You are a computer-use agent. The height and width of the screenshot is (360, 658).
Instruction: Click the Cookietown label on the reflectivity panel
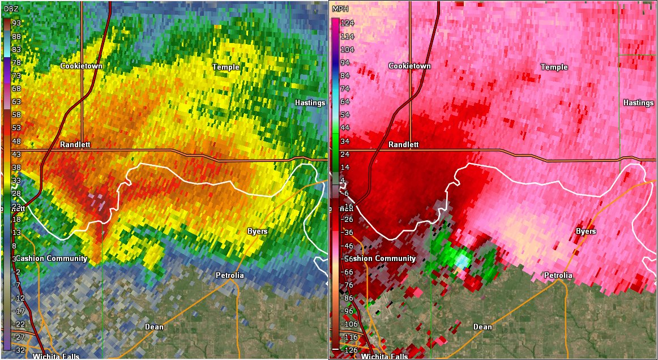coord(81,66)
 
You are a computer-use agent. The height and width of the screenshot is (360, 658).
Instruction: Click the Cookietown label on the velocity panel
coord(409,66)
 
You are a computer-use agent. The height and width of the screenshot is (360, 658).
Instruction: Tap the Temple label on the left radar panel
coord(225,67)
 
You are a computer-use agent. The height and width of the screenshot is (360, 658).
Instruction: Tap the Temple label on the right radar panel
coord(554,67)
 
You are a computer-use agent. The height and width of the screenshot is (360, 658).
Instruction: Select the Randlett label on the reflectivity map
coord(75,144)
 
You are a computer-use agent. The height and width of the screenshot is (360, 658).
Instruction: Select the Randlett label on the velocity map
coord(403,144)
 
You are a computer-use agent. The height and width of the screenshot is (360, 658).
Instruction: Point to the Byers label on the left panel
coord(257,232)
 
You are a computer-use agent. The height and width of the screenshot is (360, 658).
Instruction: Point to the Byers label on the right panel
coord(586,232)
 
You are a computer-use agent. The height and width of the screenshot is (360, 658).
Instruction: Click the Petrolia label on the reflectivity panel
coord(229,275)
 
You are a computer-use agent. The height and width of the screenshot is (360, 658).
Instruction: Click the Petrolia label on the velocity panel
coord(558,275)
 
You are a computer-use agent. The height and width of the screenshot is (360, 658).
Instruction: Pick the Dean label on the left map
coord(154,327)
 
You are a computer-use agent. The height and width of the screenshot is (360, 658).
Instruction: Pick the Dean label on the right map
coord(482,327)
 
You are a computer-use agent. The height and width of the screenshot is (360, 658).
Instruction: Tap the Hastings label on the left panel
coord(310,103)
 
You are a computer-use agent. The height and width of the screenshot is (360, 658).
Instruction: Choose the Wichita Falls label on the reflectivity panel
coord(55,356)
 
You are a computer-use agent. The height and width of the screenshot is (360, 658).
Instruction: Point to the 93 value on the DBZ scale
coord(16,22)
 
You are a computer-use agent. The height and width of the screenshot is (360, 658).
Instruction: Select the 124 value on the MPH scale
coord(347,23)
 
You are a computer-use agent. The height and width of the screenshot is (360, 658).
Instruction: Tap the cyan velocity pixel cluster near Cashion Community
coord(462,260)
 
